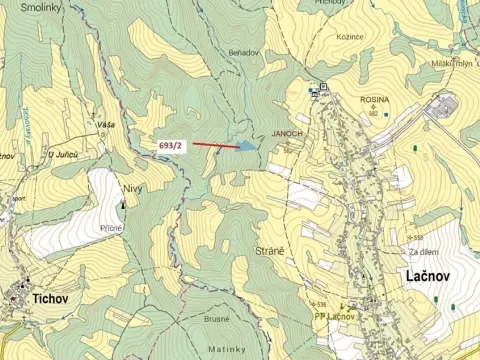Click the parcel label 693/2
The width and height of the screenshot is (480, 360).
tap(171, 145)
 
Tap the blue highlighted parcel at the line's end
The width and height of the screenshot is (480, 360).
tap(245, 147)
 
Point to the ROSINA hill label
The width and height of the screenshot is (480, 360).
tap(375, 100)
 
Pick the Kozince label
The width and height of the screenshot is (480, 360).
tap(350, 36)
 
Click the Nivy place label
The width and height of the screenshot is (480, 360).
tap(132, 186)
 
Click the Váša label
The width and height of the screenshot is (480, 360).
tap(105, 124)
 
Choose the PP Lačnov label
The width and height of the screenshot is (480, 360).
tap(335, 317)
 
